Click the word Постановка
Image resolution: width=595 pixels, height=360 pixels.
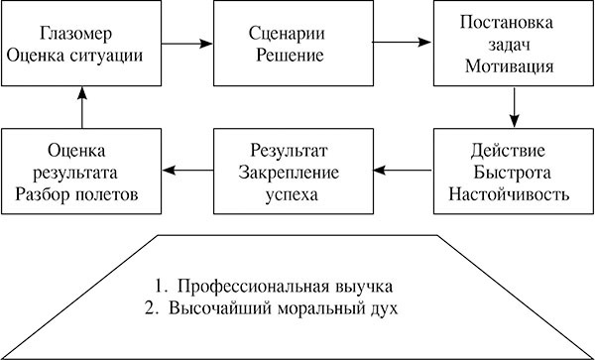pyautogui.click(x=514, y=23)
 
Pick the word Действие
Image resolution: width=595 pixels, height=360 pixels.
pyautogui.click(x=513, y=151)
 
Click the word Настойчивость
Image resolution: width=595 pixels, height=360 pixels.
pyautogui.click(x=513, y=194)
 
